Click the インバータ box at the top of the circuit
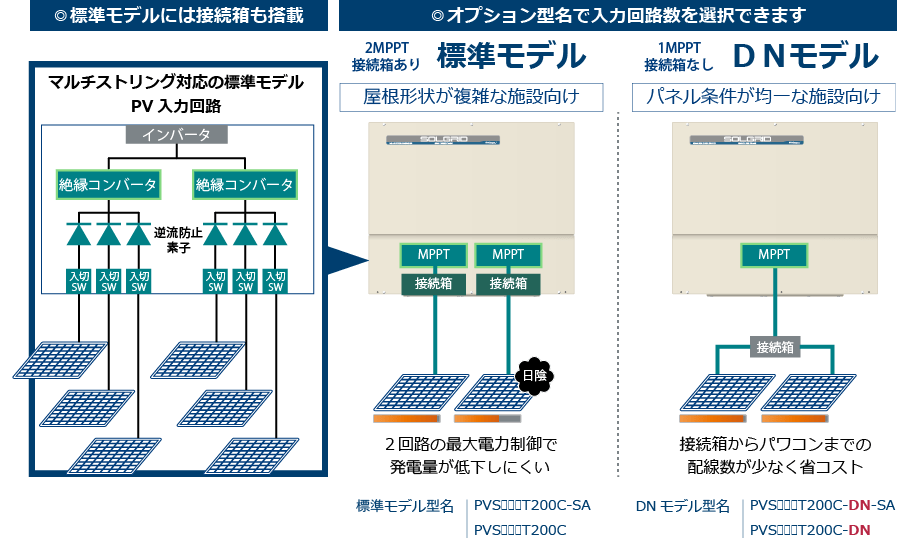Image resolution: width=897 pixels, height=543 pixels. pos(176,135)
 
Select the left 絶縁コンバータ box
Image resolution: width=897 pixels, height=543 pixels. pos(107,184)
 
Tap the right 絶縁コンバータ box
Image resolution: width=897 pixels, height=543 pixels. pos(244,184)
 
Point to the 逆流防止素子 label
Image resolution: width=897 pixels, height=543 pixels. pos(179,236)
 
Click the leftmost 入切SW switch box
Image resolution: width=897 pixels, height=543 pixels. pos(80,281)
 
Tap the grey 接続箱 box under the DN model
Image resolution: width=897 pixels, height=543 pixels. pos(774,347)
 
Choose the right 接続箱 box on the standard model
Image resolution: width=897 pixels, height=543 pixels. pos(507,283)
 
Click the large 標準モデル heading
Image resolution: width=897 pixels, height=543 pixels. pos(511,56)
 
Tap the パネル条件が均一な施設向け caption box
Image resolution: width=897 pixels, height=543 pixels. pos(763,97)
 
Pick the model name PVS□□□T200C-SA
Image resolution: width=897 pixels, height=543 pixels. pos(531,505)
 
